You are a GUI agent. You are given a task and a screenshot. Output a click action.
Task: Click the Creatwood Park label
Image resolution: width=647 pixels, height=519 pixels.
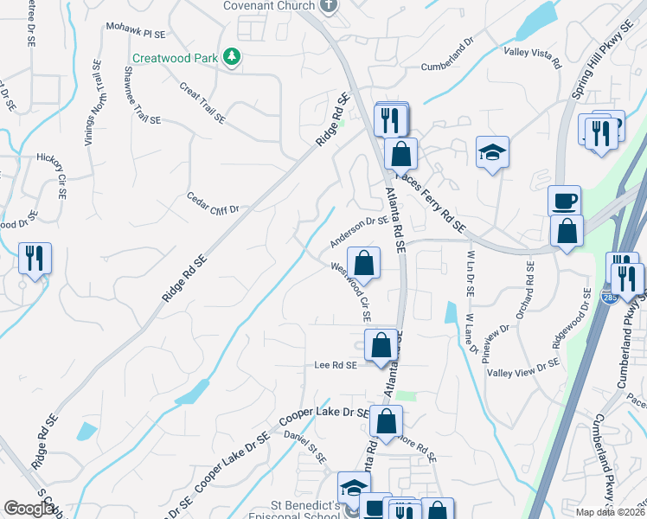(175, 59)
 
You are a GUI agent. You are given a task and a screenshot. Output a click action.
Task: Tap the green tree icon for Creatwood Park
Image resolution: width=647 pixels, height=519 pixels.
(231, 57)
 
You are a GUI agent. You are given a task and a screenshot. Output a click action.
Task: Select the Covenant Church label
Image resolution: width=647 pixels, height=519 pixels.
(271, 6)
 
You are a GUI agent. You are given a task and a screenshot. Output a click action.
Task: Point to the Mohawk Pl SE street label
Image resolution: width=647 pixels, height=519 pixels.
(135, 30)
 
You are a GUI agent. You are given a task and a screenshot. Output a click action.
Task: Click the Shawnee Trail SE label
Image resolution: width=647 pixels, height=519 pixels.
(146, 97)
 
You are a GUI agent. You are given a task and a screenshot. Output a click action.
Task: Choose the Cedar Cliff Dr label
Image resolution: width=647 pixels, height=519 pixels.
(212, 203)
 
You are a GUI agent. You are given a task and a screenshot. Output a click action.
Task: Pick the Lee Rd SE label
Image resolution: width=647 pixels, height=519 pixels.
(336, 366)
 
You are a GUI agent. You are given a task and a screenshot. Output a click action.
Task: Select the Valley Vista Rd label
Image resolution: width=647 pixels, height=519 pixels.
(533, 58)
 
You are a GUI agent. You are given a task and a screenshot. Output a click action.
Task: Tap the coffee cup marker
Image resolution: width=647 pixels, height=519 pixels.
(564, 201)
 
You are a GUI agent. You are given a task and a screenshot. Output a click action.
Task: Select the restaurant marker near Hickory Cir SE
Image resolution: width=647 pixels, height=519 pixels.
(35, 258)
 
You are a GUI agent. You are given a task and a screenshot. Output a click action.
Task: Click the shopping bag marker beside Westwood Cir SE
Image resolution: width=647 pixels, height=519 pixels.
(364, 262)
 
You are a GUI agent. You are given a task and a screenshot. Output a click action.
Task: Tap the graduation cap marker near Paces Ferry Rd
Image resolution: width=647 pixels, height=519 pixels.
(492, 152)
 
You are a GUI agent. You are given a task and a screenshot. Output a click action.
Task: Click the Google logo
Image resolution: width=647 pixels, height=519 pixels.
(28, 509)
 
